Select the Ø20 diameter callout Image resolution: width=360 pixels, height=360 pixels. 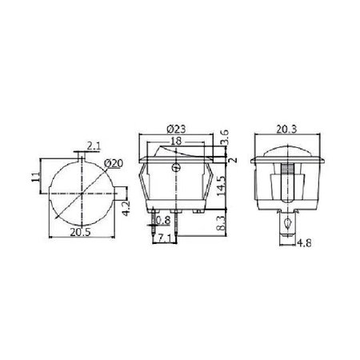114,165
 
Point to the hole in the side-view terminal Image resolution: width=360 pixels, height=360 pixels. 287,223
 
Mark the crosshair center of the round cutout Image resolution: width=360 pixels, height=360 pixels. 82,194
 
